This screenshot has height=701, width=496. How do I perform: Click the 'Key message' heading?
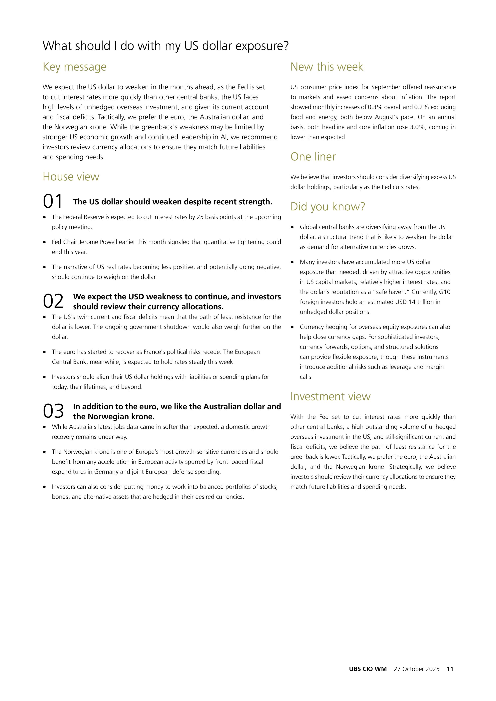point(75,67)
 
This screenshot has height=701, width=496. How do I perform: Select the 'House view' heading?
point(71,177)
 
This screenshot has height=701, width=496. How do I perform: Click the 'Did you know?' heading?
point(327,207)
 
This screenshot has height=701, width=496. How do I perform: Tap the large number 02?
point(53,301)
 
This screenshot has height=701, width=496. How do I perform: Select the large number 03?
point(53,411)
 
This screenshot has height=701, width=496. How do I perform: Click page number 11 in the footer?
point(450,669)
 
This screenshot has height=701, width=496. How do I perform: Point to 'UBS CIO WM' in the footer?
point(368,669)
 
